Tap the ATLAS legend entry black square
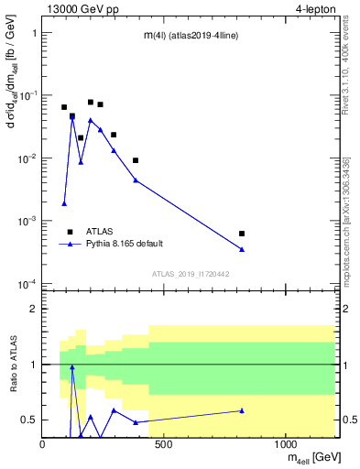(69, 232)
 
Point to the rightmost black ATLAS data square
(242, 234)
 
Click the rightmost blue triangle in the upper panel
(242, 249)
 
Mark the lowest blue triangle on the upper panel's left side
(64, 203)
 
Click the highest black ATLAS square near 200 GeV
(91, 103)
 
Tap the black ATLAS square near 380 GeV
(136, 160)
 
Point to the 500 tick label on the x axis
(164, 444)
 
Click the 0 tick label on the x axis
(43, 444)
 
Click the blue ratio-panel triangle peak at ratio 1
(72, 366)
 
